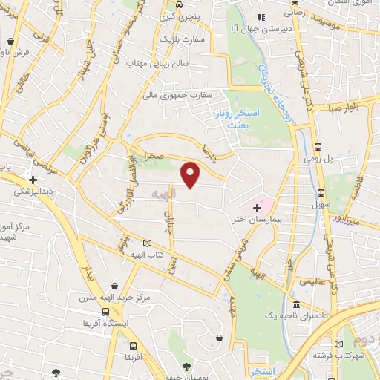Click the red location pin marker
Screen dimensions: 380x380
click(191, 175)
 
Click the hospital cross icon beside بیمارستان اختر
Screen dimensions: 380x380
click(256, 207)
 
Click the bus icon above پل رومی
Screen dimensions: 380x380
click(318, 147)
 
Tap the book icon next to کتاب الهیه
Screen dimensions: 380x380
click(146, 243)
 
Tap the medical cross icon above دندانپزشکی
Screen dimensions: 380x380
click(31, 179)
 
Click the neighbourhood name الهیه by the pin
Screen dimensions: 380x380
click(162, 193)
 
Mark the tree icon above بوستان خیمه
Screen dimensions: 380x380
click(186, 365)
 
